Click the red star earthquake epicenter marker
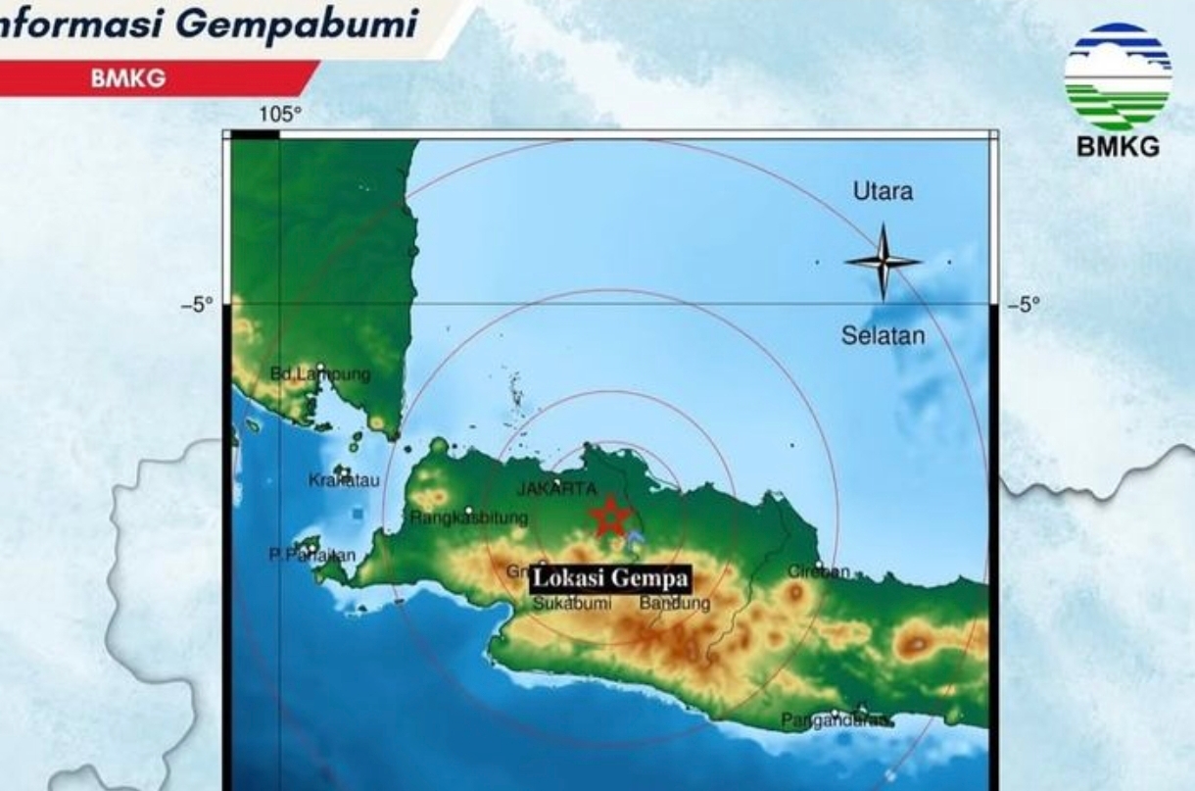pyautogui.click(x=609, y=517)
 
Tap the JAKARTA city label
pyautogui.click(x=556, y=488)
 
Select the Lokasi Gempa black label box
pyautogui.click(x=609, y=578)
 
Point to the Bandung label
pyautogui.click(x=675, y=604)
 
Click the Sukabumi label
pyautogui.click(x=572, y=604)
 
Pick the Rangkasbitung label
pyautogui.click(x=469, y=517)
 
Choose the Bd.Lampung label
pyautogui.click(x=320, y=373)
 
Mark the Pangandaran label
pyautogui.click(x=836, y=721)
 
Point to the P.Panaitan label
pyautogui.click(x=312, y=555)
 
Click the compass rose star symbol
pyautogui.click(x=883, y=262)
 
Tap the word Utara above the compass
pyautogui.click(x=883, y=192)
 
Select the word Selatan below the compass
pyautogui.click(x=883, y=335)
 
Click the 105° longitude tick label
pyautogui.click(x=280, y=116)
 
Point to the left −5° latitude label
pyautogui.click(x=196, y=305)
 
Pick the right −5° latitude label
pyautogui.click(x=1024, y=305)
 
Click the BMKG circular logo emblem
pyautogui.click(x=1118, y=77)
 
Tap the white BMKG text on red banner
pyautogui.click(x=128, y=79)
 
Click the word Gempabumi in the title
pyautogui.click(x=298, y=24)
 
